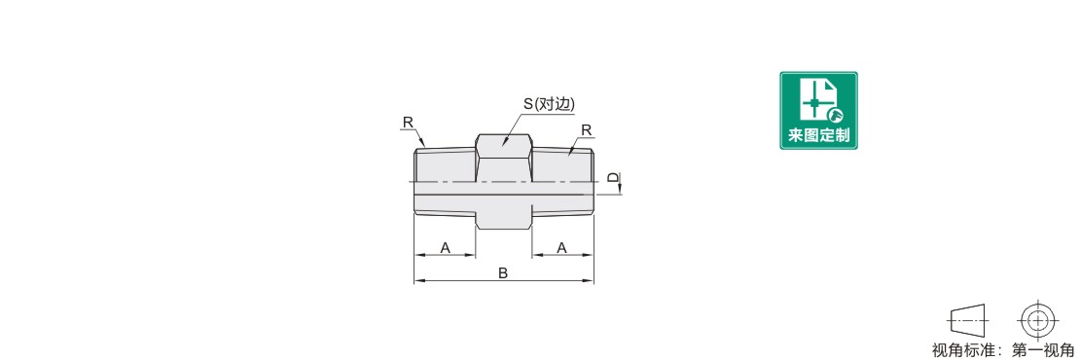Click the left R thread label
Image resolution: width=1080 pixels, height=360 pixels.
[408, 123]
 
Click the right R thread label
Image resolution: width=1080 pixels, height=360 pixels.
[586, 130]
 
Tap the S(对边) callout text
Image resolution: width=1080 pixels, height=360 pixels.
[549, 104]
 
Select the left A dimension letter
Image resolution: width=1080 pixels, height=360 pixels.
[445, 247]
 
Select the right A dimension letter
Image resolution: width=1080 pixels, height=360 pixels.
[562, 247]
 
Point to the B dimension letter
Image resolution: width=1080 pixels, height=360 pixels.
[503, 273]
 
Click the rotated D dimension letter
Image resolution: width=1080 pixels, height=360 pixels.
[614, 177]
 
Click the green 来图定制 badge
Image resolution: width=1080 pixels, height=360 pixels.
[818, 110]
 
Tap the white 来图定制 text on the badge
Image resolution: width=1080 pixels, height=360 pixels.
[818, 135]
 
